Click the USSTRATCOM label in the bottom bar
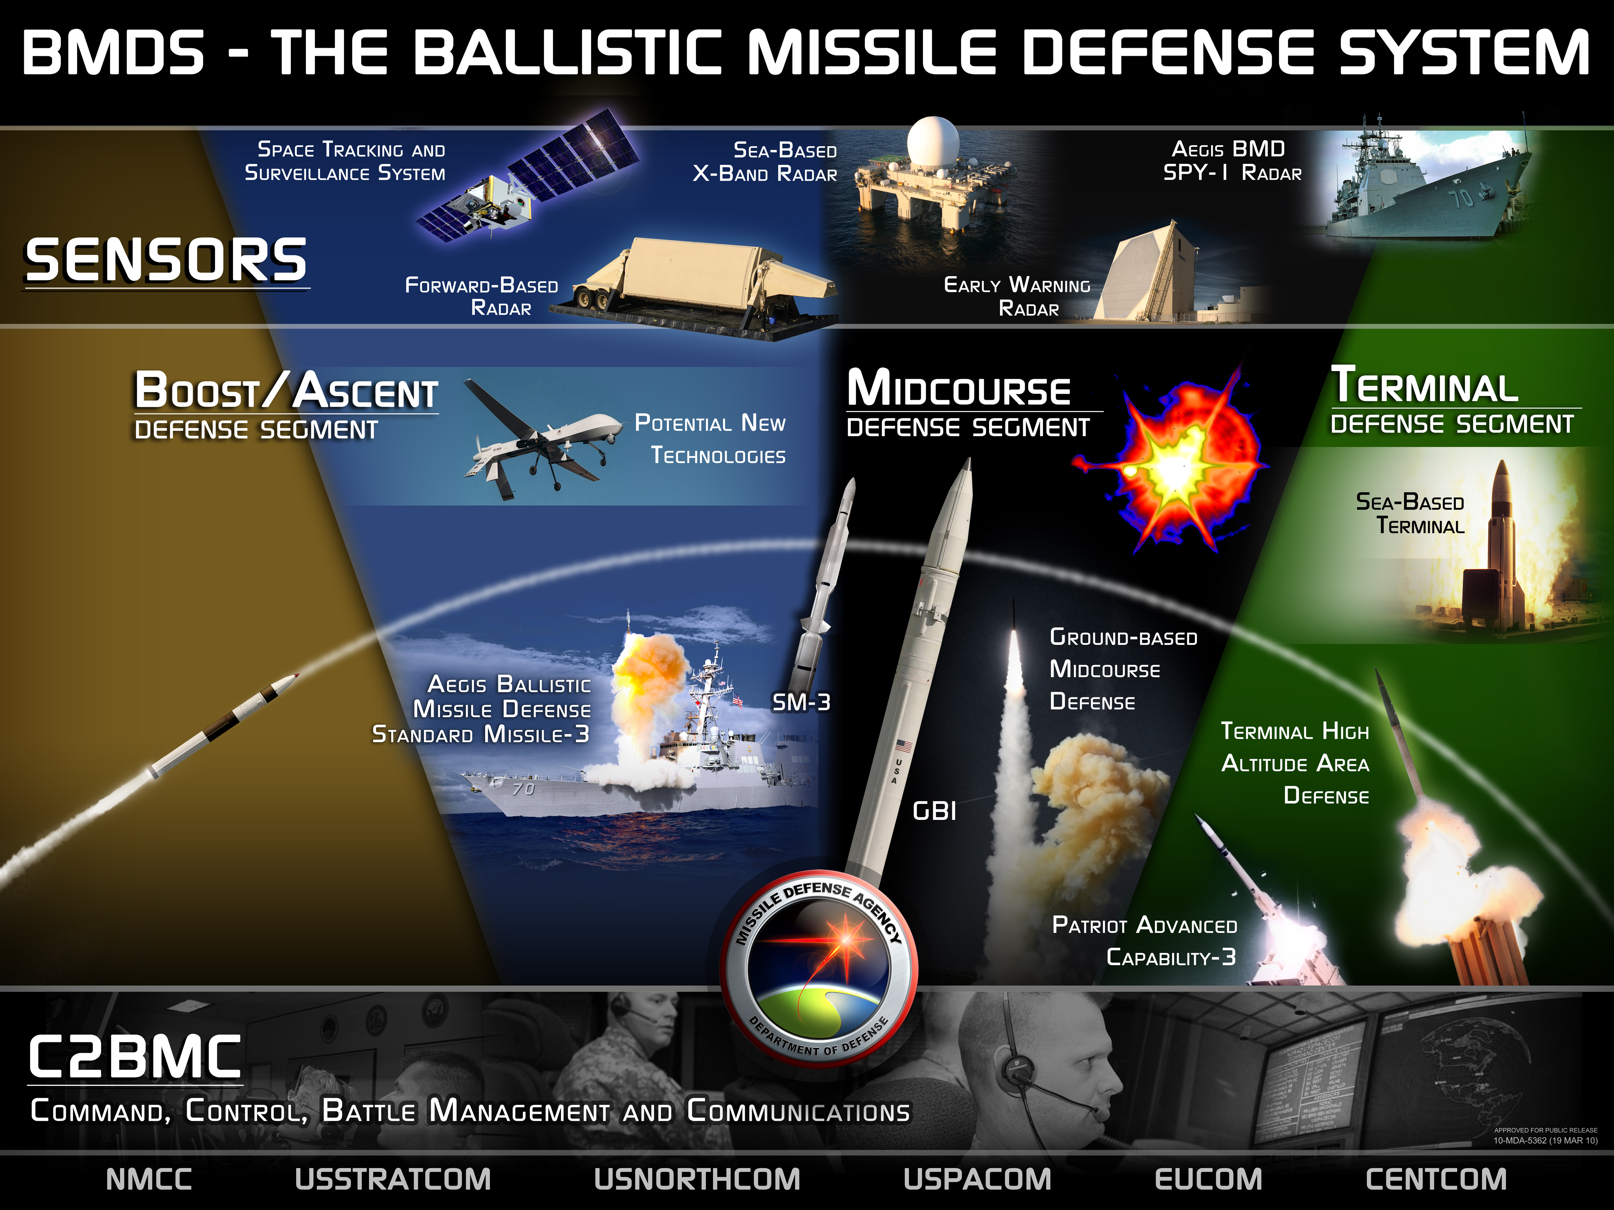point(393,1179)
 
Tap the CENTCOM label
point(1435,1179)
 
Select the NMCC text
point(149,1179)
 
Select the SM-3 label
point(801,702)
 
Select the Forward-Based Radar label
point(482,296)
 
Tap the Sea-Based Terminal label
point(1410,513)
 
